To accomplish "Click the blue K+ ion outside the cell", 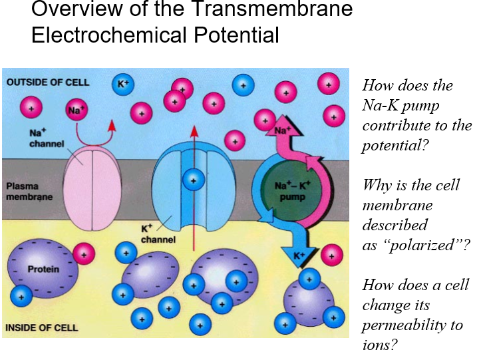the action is (x=123, y=84).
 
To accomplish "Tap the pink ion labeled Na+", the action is (x=77, y=110).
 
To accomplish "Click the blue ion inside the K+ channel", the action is (x=194, y=180).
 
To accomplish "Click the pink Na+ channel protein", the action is (x=92, y=188).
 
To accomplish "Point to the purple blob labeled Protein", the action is (x=43, y=268).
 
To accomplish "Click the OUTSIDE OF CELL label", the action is (x=48, y=83).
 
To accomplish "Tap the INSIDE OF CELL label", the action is (x=42, y=327).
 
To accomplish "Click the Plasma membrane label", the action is (x=29, y=192).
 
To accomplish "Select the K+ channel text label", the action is (x=158, y=234).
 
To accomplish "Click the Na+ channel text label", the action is (x=47, y=138).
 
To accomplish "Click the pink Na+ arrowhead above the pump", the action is (x=283, y=126).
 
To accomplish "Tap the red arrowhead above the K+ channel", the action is (x=194, y=131).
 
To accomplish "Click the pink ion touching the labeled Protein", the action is (x=84, y=254).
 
